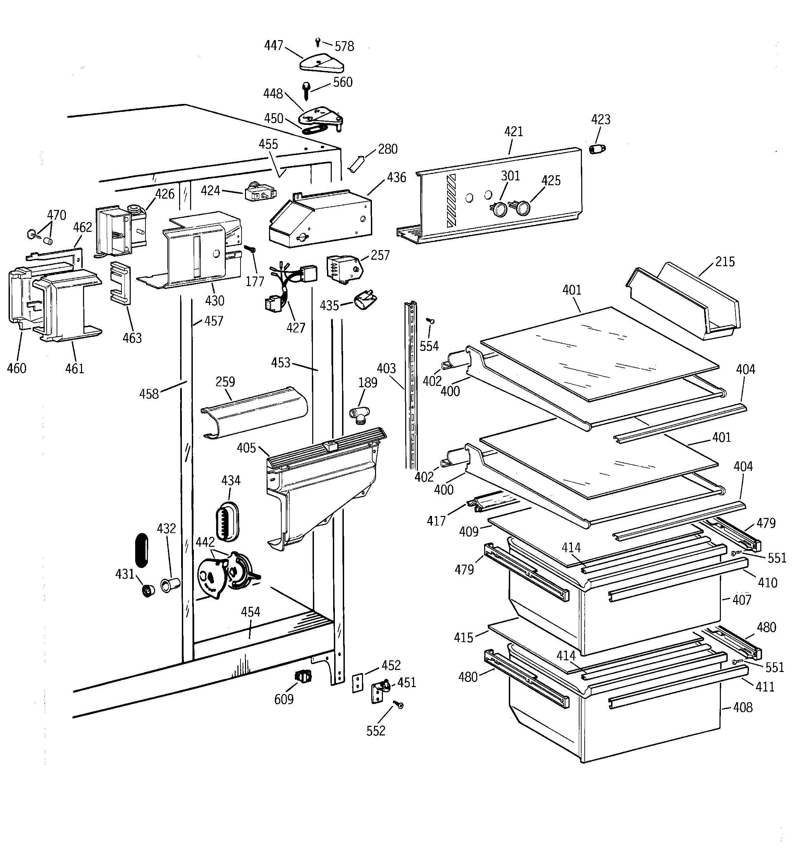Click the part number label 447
coord(273,45)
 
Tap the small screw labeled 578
coord(317,42)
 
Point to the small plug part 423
coord(597,149)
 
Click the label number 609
coord(284,699)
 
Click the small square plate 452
coord(358,683)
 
